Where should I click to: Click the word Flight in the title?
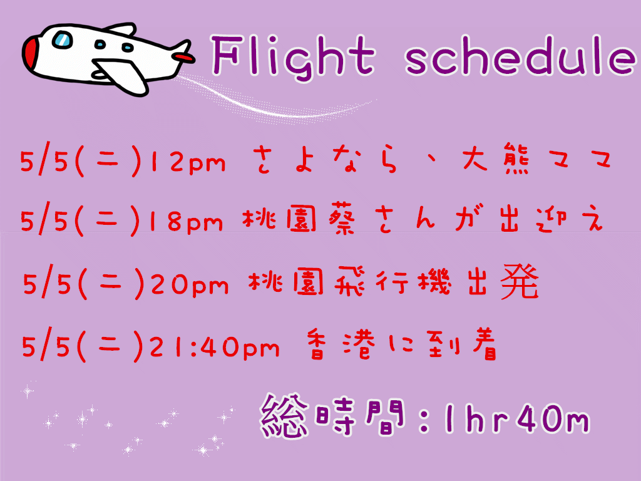point(293,56)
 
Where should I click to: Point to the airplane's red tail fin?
point(182,56)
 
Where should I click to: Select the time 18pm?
point(187,222)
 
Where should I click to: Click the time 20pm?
point(190,285)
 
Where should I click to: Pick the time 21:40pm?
point(214,348)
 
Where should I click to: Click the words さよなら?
point(325,160)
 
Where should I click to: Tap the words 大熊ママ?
point(536,158)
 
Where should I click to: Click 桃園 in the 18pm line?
point(280,220)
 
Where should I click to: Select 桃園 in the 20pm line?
point(285,282)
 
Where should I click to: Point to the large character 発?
point(520,282)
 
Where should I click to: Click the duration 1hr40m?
point(517,419)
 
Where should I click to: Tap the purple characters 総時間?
point(332,416)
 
